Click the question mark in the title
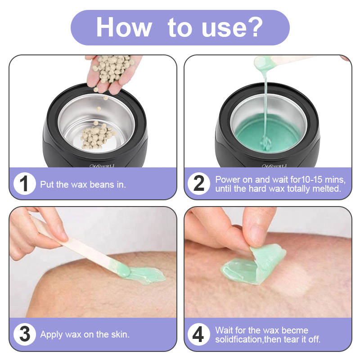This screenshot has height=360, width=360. [x=255, y=27]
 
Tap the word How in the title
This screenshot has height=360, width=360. [x=124, y=27]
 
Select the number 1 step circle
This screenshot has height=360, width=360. [x=25, y=184]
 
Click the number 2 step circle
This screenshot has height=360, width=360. [x=199, y=184]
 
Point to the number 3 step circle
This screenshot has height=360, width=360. [x=25, y=334]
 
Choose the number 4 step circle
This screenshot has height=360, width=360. [x=199, y=334]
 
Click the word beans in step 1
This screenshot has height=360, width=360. [x=102, y=184]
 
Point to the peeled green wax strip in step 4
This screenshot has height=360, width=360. [x=254, y=265]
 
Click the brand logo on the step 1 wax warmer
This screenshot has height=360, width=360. [x=102, y=166]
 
